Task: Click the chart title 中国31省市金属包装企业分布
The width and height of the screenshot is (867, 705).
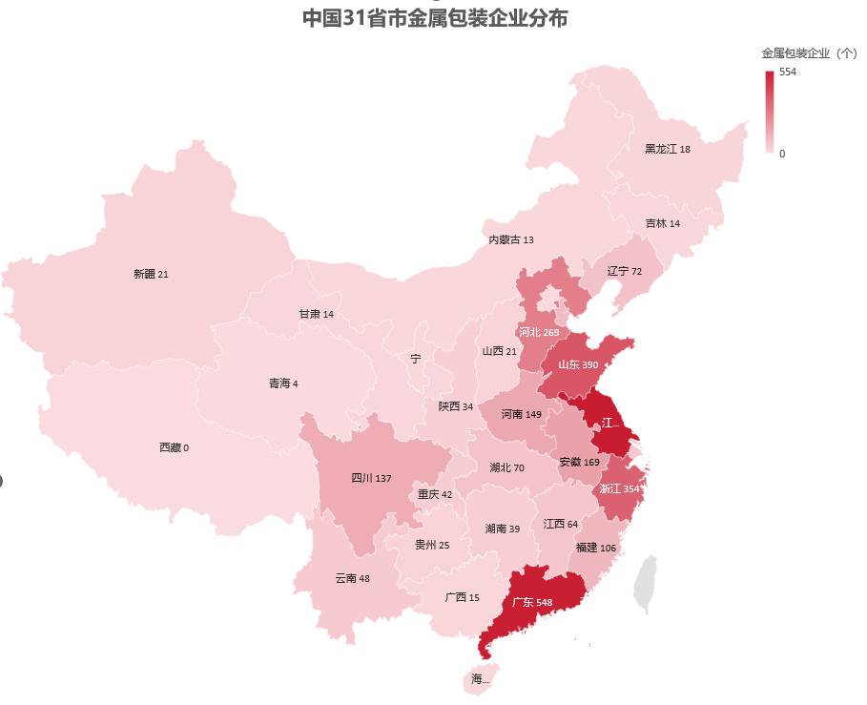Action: point(434,18)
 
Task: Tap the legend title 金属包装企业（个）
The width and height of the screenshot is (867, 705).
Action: point(809,52)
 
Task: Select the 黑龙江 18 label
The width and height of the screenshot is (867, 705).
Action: point(668,149)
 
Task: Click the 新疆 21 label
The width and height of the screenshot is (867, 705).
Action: point(151,274)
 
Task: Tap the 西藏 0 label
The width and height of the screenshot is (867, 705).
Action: point(174,447)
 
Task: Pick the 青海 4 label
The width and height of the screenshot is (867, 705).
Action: point(283,384)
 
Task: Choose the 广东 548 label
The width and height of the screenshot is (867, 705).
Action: point(531,602)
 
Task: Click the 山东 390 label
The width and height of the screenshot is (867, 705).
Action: point(578,364)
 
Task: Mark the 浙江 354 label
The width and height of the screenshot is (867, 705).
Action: point(619,488)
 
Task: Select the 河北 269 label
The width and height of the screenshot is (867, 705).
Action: point(539,332)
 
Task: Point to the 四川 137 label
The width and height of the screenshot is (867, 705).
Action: point(372,477)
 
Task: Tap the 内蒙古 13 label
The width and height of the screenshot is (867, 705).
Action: point(511,239)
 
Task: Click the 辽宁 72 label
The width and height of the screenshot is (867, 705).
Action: point(625,271)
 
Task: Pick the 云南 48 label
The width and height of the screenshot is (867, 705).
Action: point(352,578)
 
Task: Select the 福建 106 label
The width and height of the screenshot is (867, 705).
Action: point(596,547)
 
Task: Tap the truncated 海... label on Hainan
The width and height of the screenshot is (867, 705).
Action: point(480,679)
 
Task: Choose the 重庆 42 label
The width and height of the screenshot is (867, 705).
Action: point(435,494)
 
